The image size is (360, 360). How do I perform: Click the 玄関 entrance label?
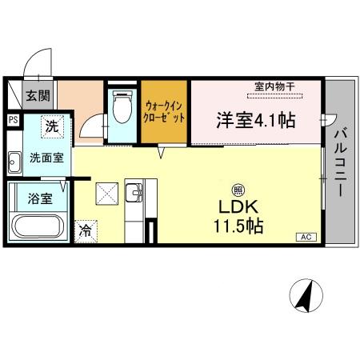click(x=35, y=97)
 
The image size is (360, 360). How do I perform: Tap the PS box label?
click(x=13, y=120)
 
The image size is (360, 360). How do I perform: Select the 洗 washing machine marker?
click(x=51, y=126)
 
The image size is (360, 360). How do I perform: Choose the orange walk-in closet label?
click(x=165, y=111)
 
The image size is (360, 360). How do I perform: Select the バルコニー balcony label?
click(x=341, y=164)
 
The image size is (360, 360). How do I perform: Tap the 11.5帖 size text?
click(x=238, y=226)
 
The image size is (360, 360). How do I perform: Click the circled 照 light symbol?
click(x=238, y=190)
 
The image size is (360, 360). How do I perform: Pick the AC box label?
click(x=306, y=237)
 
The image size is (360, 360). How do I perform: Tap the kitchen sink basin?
click(x=134, y=194)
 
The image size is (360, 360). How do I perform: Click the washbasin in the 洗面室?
click(x=14, y=164)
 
